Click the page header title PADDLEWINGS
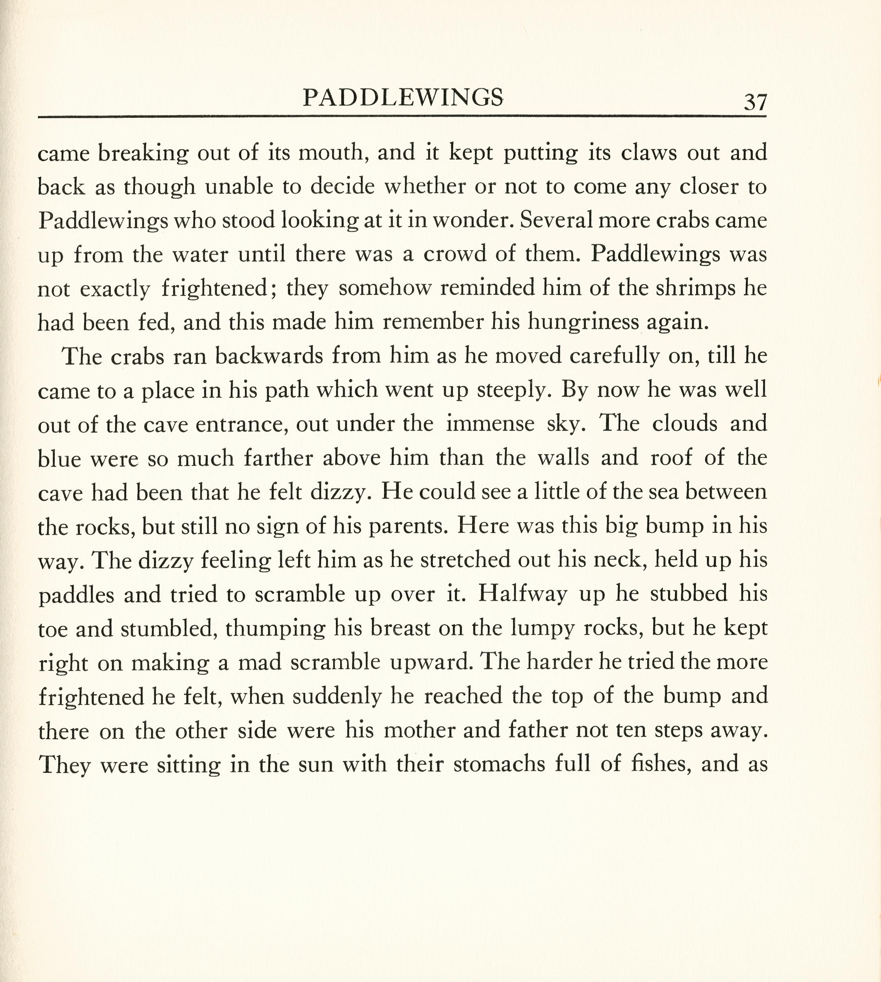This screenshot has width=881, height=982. click(x=403, y=98)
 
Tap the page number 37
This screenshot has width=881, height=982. click(x=755, y=103)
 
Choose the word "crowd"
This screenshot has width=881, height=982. click(x=455, y=255)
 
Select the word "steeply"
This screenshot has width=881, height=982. click(x=514, y=390)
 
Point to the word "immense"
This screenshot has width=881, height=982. click(x=490, y=425)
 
